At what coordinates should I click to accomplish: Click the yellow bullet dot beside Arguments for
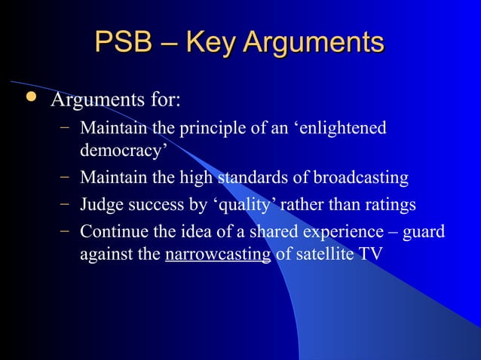(x=29, y=98)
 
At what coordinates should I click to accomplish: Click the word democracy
(x=123, y=151)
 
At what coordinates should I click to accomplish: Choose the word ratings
(x=387, y=205)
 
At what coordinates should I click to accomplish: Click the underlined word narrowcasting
(x=217, y=254)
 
